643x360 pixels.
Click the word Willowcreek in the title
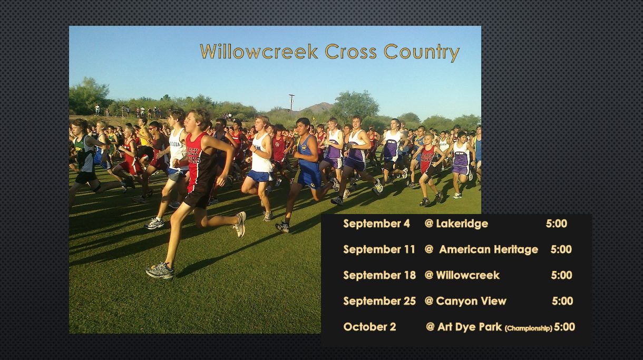pyautogui.click(x=259, y=51)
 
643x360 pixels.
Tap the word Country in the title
pyautogui.click(x=422, y=52)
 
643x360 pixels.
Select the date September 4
pyautogui.click(x=377, y=223)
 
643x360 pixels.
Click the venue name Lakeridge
pyautogui.click(x=462, y=223)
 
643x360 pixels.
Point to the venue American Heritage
pyautogui.click(x=489, y=249)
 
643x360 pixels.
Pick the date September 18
pyautogui.click(x=379, y=275)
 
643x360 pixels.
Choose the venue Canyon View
pyautogui.click(x=471, y=301)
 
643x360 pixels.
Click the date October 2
pyautogui.click(x=369, y=327)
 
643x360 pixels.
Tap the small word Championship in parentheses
pyautogui.click(x=529, y=328)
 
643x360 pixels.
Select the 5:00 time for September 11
pyautogui.click(x=561, y=249)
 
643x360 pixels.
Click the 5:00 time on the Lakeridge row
pyautogui.click(x=557, y=223)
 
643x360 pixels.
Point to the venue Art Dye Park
pyautogui.click(x=469, y=327)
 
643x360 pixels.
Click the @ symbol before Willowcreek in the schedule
pyautogui.click(x=429, y=275)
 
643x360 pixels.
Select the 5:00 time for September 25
pyautogui.click(x=562, y=301)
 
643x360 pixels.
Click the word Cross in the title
pyautogui.click(x=350, y=51)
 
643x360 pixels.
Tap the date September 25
pyautogui.click(x=379, y=301)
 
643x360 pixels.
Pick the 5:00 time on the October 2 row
pyautogui.click(x=564, y=327)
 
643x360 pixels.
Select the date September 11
pyautogui.click(x=379, y=249)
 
